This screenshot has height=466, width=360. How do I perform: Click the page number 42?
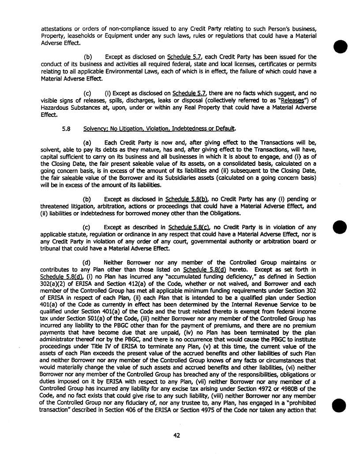[176, 436]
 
